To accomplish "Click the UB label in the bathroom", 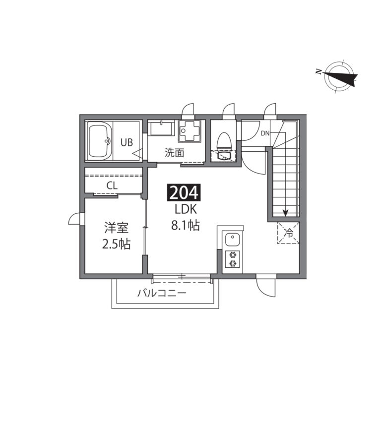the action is point(127,142).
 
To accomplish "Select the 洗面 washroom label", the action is point(174,153).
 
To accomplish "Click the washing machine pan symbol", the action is point(190,131).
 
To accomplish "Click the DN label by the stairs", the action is point(265,133).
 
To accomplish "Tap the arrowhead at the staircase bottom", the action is point(285,213).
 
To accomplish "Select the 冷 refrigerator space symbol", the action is point(289,233).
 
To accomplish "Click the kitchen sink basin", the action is point(233,240).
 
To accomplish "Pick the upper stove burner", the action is point(232,254).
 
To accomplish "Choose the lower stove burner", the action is point(232,263).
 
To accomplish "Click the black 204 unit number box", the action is point(184,192).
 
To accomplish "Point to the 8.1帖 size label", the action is point(185,225).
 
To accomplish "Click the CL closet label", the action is point(112,185).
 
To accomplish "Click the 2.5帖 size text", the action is point(116,244).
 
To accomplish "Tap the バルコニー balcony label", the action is point(162,293).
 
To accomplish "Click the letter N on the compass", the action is point(318,72).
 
